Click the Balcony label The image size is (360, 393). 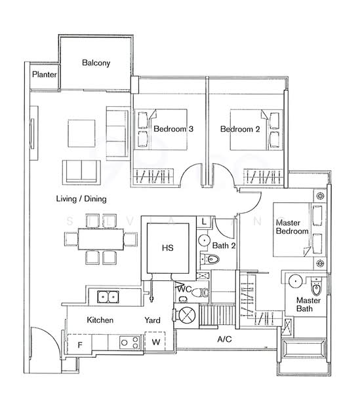[x=96, y=63]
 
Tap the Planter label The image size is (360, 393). [x=45, y=75]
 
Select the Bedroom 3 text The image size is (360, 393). [x=173, y=129]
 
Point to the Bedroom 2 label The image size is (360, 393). [x=240, y=129]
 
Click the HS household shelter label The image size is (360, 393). [x=168, y=248]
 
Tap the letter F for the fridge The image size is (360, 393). [x=80, y=345]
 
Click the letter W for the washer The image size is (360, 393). [x=156, y=342]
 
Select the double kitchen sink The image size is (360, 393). [x=108, y=297]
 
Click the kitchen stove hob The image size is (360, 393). [x=129, y=343]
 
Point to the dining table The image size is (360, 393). [x=101, y=239]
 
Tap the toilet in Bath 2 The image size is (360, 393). [x=210, y=259]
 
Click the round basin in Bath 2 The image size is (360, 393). [x=204, y=240]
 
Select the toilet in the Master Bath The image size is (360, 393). [x=316, y=286]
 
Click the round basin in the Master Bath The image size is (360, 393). [x=296, y=281]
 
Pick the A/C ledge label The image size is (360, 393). [x=224, y=339]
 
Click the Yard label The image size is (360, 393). [x=152, y=320]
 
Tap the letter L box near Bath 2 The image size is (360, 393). [x=204, y=221]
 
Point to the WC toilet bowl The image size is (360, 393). [x=201, y=293]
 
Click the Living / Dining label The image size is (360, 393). [x=81, y=199]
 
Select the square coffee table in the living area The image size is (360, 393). [x=81, y=134]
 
